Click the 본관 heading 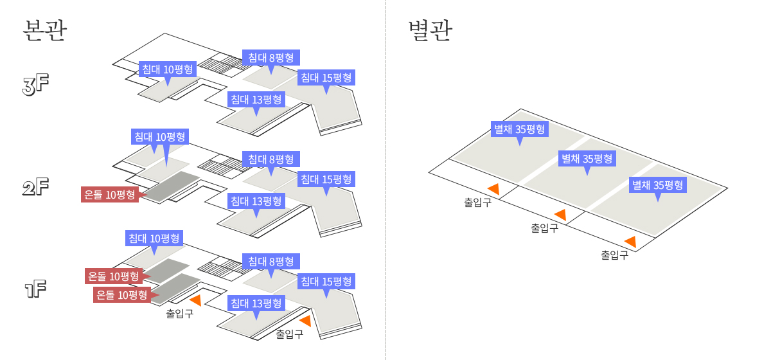[44, 31]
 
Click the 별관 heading [430, 31]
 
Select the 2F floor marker [36, 188]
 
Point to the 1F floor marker [36, 289]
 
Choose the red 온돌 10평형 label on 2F [111, 195]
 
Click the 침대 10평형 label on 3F [167, 69]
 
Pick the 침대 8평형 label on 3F [271, 57]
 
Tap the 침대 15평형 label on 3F [326, 78]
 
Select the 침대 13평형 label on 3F [256, 100]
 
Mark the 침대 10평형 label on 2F [159, 136]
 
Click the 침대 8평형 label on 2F [271, 159]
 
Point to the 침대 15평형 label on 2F [326, 179]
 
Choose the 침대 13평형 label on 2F [256, 201]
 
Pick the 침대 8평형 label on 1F [271, 262]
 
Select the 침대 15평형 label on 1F [326, 282]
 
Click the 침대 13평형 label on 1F [256, 303]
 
